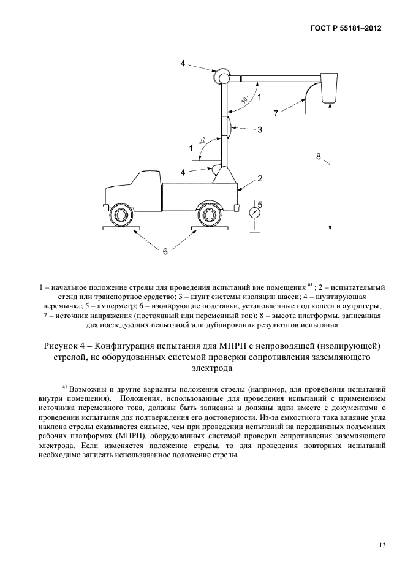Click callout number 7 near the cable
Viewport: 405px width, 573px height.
tap(276, 113)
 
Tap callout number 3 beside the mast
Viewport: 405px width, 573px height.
tap(259, 129)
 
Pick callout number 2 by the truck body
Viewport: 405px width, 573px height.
tap(260, 178)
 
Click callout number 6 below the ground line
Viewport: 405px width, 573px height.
tap(165, 251)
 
